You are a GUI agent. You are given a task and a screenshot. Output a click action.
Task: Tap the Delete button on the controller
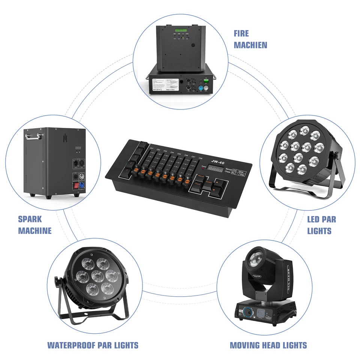pyautogui.click(x=209, y=183)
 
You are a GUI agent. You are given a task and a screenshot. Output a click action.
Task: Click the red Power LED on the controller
pyautogui.click(x=203, y=168)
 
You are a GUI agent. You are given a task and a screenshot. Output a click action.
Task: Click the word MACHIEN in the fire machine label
pyautogui.click(x=250, y=45)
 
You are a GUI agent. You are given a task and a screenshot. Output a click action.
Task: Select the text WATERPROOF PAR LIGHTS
pyautogui.click(x=93, y=345)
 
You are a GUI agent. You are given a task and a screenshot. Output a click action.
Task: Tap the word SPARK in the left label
pyautogui.click(x=30, y=219)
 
